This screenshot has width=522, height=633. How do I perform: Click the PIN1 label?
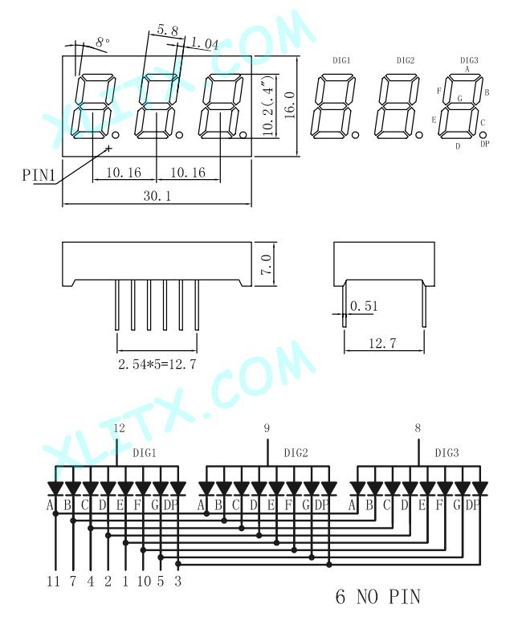point(39,175)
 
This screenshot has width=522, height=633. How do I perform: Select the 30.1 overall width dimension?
point(157,196)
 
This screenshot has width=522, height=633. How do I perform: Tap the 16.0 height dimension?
point(290,105)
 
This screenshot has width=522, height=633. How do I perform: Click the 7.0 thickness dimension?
point(267,264)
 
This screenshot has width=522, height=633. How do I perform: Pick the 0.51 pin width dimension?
point(364,306)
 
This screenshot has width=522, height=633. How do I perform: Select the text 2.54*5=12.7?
point(157,365)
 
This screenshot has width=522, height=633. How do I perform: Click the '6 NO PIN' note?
point(377,597)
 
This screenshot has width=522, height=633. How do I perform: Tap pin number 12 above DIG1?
point(119,428)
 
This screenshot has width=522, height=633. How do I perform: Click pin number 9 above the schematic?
point(267,428)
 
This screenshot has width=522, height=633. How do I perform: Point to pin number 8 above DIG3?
point(418,428)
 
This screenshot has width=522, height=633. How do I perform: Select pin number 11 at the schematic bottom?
point(53,582)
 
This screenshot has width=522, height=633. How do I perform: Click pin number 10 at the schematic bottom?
point(144,582)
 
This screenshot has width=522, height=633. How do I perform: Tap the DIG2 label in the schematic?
point(296,453)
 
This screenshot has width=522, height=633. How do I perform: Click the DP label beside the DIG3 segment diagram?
point(485,144)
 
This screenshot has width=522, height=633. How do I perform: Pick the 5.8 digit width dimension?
point(167,30)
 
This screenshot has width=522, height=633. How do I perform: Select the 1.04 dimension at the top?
point(204,43)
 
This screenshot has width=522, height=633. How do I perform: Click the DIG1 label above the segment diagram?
point(341,60)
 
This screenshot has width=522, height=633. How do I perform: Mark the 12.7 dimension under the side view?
point(382,344)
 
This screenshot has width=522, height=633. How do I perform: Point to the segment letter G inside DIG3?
point(460,98)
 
